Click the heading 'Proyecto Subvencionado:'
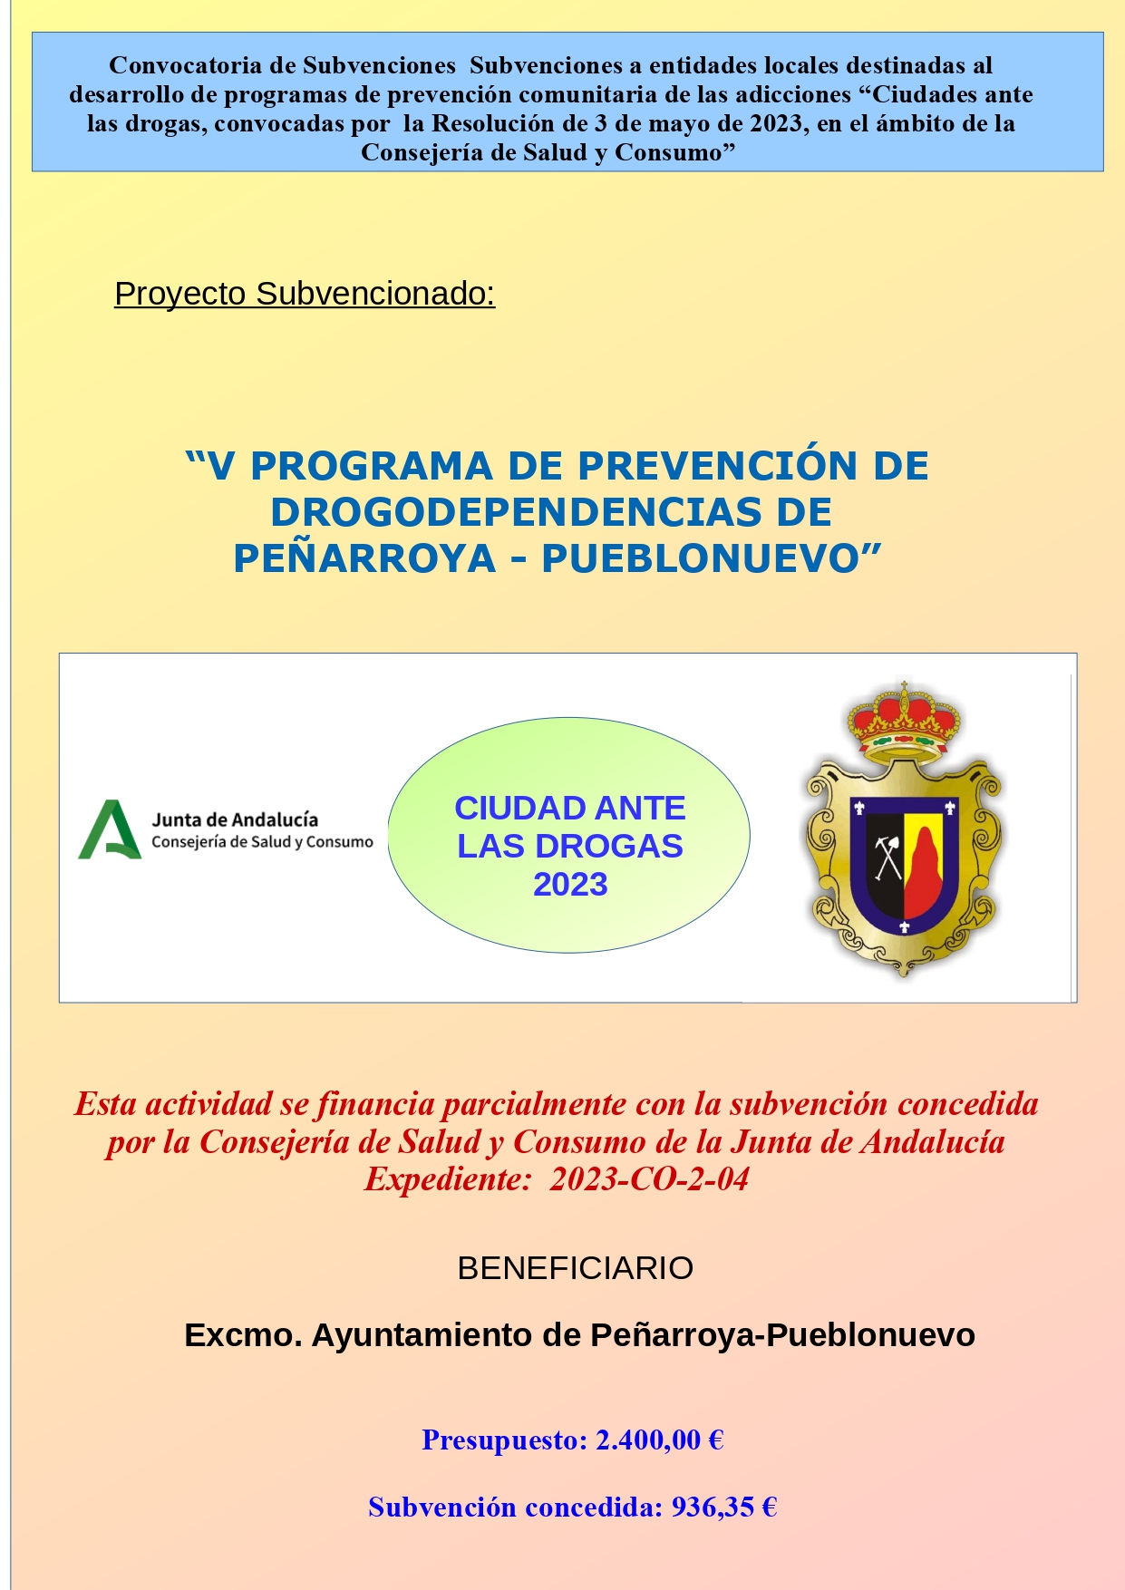pyautogui.click(x=305, y=295)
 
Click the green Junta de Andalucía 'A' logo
pyautogui.click(x=110, y=829)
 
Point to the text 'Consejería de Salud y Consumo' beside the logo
pyautogui.click(x=262, y=842)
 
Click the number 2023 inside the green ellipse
pyautogui.click(x=570, y=885)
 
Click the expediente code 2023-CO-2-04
pyautogui.click(x=649, y=1179)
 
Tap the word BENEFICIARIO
pyautogui.click(x=576, y=1268)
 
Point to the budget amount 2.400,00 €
pyautogui.click(x=659, y=1440)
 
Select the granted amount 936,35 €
pyautogui.click(x=724, y=1507)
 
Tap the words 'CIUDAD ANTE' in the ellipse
pyautogui.click(x=570, y=808)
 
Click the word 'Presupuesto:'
pyautogui.click(x=505, y=1440)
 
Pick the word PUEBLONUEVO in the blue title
pyautogui.click(x=712, y=558)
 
